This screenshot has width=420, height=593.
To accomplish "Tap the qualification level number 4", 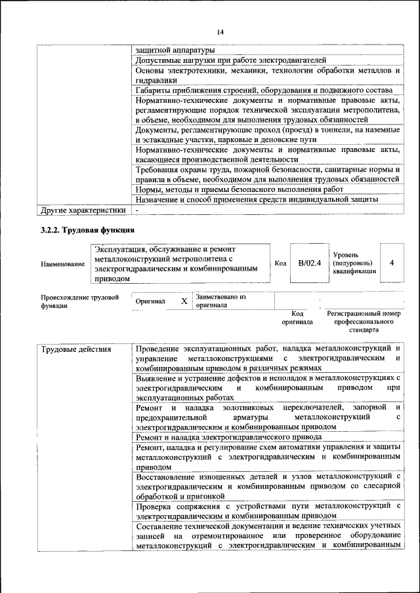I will (x=391, y=263).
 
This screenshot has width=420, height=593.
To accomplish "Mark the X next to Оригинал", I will (x=184, y=301).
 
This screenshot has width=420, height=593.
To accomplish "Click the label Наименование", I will (x=62, y=264).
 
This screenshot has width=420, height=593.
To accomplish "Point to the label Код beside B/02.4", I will (x=280, y=263).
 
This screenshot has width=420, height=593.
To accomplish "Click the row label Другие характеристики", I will (x=83, y=210).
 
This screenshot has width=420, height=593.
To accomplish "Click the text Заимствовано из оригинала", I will (x=220, y=301).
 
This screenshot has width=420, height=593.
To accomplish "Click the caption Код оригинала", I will (x=297, y=318).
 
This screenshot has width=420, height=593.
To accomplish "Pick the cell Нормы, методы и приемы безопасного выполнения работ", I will (x=240, y=189).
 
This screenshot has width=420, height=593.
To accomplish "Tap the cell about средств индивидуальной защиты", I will (x=257, y=199).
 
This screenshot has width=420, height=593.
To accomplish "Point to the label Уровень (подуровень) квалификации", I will (x=354, y=263).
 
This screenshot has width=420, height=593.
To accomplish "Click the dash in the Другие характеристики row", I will (x=137, y=210).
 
